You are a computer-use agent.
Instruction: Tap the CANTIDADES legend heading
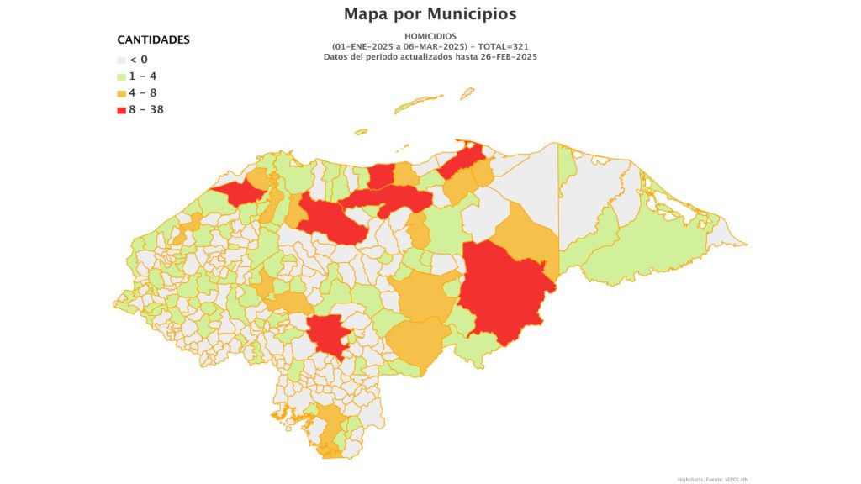point(153,39)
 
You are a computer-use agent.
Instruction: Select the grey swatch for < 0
point(121,60)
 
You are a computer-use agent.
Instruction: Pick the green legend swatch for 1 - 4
point(121,76)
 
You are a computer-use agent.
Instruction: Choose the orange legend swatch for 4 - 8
point(121,93)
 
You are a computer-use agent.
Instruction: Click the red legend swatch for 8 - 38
point(121,110)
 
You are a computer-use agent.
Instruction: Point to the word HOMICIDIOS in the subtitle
point(430,36)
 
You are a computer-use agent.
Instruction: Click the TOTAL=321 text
point(504,46)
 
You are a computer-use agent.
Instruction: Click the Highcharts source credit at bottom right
point(711,479)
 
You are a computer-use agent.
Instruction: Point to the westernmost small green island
point(361,131)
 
